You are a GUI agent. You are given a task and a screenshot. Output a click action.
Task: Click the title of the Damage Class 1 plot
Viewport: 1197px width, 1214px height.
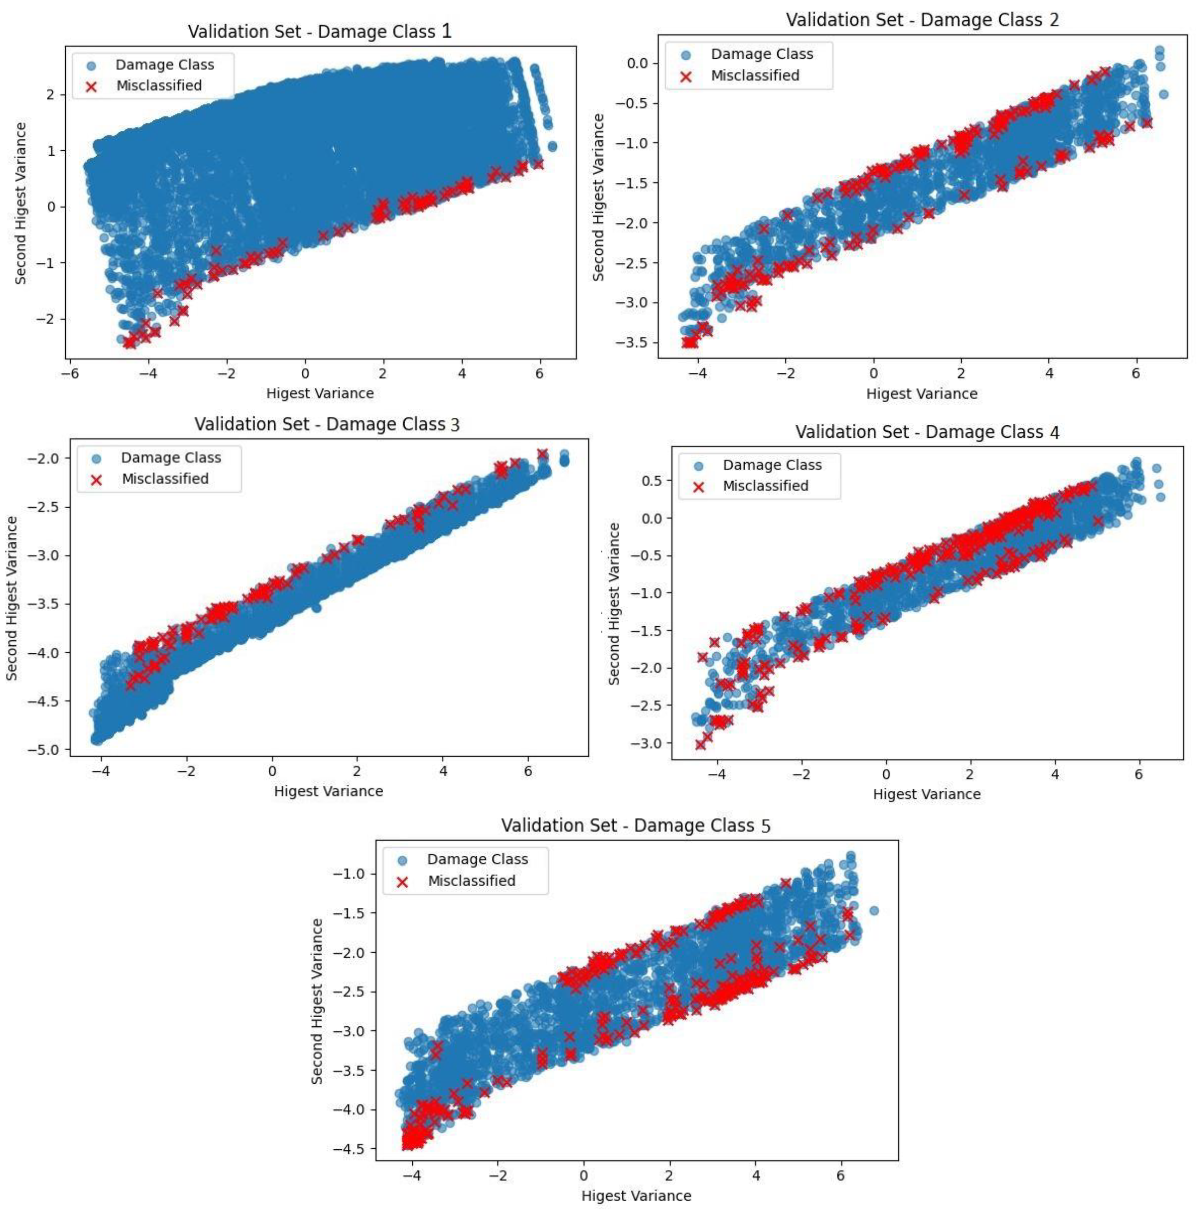[x=319, y=31]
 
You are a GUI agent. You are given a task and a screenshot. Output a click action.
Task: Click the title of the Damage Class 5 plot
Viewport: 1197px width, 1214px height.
[x=635, y=825]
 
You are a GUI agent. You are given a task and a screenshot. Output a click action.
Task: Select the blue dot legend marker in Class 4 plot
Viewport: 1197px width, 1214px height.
[x=698, y=466]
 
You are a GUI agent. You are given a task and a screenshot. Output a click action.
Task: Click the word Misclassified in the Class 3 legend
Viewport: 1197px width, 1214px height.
[x=165, y=479]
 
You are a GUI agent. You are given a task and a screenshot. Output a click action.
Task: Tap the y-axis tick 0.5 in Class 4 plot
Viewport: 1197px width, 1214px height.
[x=651, y=481]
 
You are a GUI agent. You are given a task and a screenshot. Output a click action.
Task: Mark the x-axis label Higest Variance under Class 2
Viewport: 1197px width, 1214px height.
[x=921, y=394]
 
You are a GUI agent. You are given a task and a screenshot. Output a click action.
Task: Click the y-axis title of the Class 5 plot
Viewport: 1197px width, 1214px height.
[x=317, y=1001]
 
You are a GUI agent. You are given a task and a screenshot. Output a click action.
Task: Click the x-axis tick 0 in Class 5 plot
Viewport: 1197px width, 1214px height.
[x=584, y=1175]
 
